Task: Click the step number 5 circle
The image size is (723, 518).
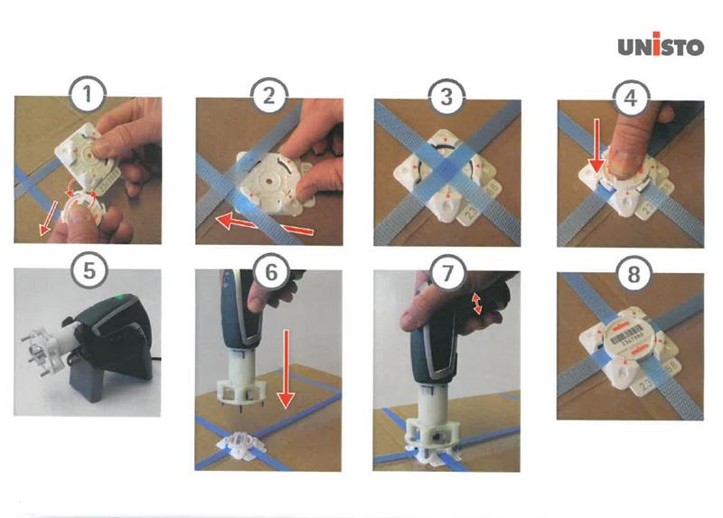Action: (x=88, y=268)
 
